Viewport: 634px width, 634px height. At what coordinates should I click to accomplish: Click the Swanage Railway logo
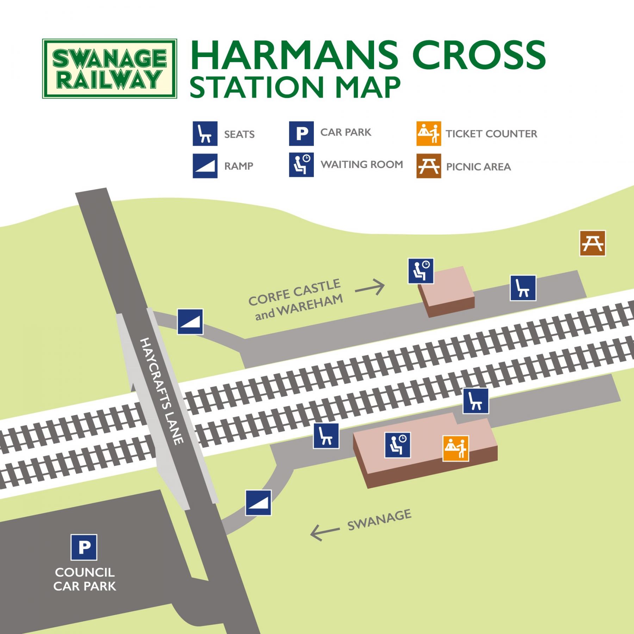110,69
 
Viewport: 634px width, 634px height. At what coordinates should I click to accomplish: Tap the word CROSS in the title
479,55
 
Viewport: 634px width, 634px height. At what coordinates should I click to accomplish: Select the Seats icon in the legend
205,133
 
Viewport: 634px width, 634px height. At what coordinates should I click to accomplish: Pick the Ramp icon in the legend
205,166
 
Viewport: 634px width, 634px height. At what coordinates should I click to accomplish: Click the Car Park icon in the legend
301,133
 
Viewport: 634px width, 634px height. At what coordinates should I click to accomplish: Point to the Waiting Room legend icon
301,164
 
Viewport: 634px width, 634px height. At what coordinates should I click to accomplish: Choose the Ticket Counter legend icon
429,133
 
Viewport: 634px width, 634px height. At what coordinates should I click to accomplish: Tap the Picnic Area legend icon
429,166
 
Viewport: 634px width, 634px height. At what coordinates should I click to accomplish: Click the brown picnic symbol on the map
593,243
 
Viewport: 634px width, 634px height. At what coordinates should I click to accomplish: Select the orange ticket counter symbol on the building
456,448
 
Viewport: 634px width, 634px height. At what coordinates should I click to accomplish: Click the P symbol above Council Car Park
84,547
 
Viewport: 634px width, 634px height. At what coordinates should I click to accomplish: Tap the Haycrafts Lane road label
162,391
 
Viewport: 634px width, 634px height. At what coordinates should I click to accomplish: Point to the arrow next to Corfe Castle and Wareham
370,288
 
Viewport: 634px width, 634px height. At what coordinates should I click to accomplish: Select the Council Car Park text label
85,579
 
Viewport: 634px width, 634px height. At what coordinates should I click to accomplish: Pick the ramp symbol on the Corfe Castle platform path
190,322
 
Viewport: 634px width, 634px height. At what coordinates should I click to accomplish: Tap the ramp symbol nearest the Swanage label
259,503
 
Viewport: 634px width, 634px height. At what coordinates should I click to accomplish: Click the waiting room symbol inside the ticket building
398,445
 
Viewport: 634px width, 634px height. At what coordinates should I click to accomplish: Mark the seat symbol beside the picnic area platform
523,288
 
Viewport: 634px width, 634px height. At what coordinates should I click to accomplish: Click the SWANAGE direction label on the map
379,520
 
